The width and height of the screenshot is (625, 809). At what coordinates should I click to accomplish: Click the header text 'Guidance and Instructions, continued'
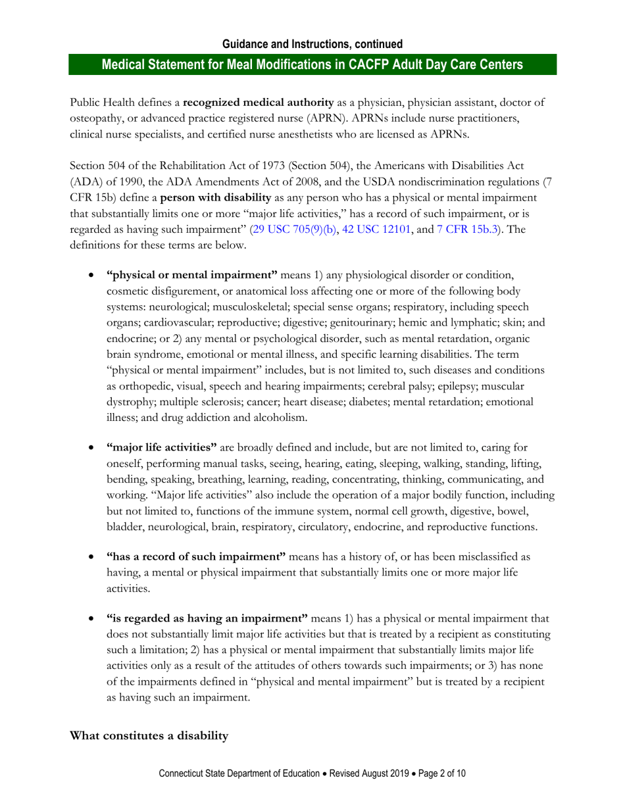312,45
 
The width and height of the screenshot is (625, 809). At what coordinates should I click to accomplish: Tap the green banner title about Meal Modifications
312,64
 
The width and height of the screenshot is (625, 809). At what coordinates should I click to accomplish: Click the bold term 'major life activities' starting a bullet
161,449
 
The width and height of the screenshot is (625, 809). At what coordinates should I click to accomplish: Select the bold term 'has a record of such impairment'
195,557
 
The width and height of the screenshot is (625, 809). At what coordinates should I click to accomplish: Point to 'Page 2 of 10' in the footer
439,774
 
